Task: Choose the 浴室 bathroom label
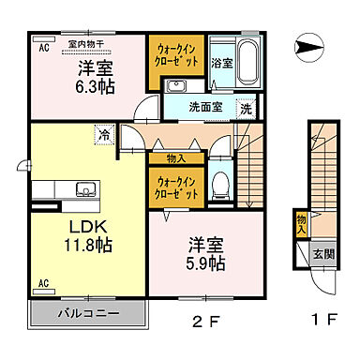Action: click(220, 65)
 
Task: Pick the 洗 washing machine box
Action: click(246, 108)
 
